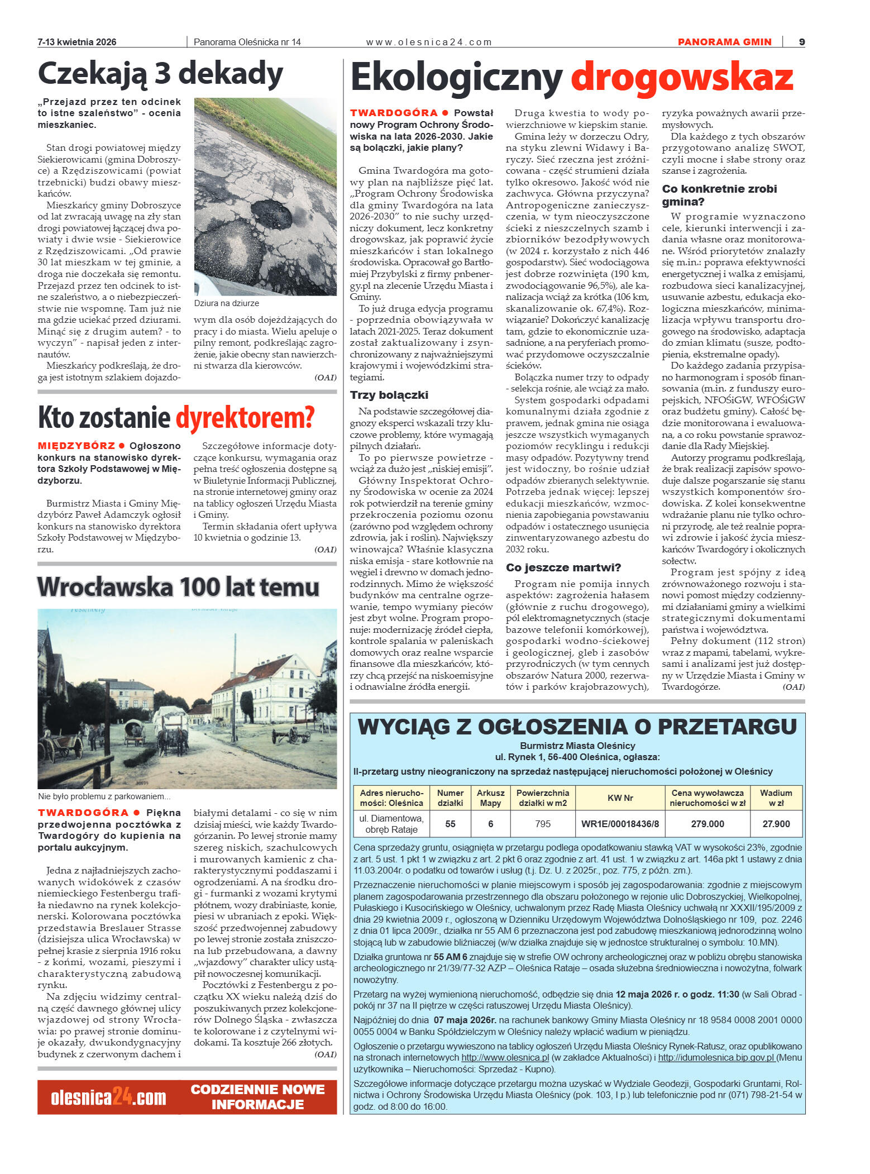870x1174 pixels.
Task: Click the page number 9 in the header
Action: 801,42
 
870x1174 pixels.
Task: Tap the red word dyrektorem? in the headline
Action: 245,418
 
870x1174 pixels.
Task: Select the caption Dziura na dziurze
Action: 226,303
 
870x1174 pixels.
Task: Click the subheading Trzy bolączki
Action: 389,395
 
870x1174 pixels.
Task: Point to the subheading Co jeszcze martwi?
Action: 563,567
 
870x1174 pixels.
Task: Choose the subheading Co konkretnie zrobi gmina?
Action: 719,195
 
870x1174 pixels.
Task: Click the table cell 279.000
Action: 707,824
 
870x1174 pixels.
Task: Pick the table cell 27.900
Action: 776,824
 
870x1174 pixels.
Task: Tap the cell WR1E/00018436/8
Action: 620,824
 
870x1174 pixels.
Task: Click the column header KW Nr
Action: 620,798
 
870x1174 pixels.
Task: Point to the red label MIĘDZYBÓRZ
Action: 76,446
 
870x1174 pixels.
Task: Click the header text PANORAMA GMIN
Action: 724,42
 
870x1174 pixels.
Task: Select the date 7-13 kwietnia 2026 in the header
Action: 77,42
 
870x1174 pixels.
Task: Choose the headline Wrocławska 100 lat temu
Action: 178,587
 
